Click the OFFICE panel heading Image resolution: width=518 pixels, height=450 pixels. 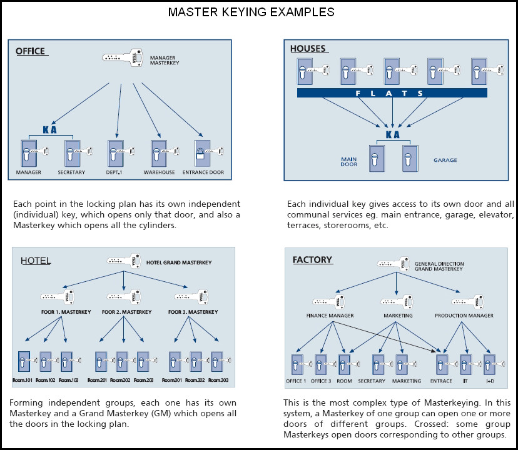point(30,51)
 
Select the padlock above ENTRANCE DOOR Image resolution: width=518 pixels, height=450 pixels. point(200,153)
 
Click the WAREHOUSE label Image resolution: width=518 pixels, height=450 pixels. point(158,172)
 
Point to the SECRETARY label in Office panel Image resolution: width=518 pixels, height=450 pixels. point(71,172)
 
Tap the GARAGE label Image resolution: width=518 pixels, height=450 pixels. point(445,160)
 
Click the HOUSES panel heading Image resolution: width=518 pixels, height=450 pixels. point(308,49)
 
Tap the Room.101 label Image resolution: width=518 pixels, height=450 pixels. point(24,380)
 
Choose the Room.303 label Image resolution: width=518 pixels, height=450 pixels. point(218,380)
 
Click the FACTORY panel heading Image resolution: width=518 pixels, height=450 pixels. point(312,259)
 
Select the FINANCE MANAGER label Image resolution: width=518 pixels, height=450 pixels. point(330,316)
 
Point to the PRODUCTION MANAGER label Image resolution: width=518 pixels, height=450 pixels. point(464,316)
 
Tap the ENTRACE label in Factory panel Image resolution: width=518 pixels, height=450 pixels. point(441,381)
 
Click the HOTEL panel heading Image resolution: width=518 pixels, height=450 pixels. point(35,261)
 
